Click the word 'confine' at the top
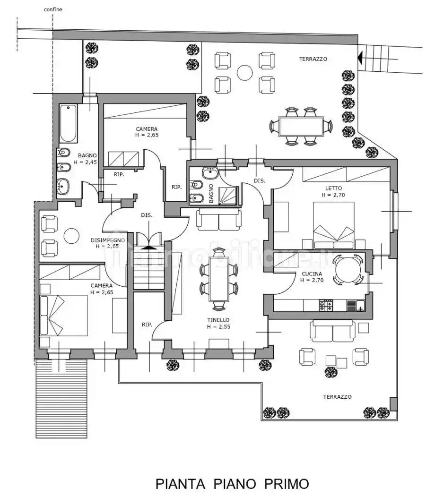(x=53, y=9)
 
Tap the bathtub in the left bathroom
(x=68, y=123)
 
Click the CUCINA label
(x=312, y=274)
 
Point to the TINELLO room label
(x=218, y=320)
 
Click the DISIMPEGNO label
(x=107, y=240)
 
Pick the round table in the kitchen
(x=348, y=269)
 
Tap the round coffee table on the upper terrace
(x=245, y=72)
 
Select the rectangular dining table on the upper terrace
(x=300, y=126)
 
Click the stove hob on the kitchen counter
(x=327, y=306)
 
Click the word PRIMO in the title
(x=287, y=484)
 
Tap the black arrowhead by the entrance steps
(x=360, y=58)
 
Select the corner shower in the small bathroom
(x=229, y=195)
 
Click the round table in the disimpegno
(x=71, y=236)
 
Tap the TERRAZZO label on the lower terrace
(x=337, y=397)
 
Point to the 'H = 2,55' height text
(x=218, y=326)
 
